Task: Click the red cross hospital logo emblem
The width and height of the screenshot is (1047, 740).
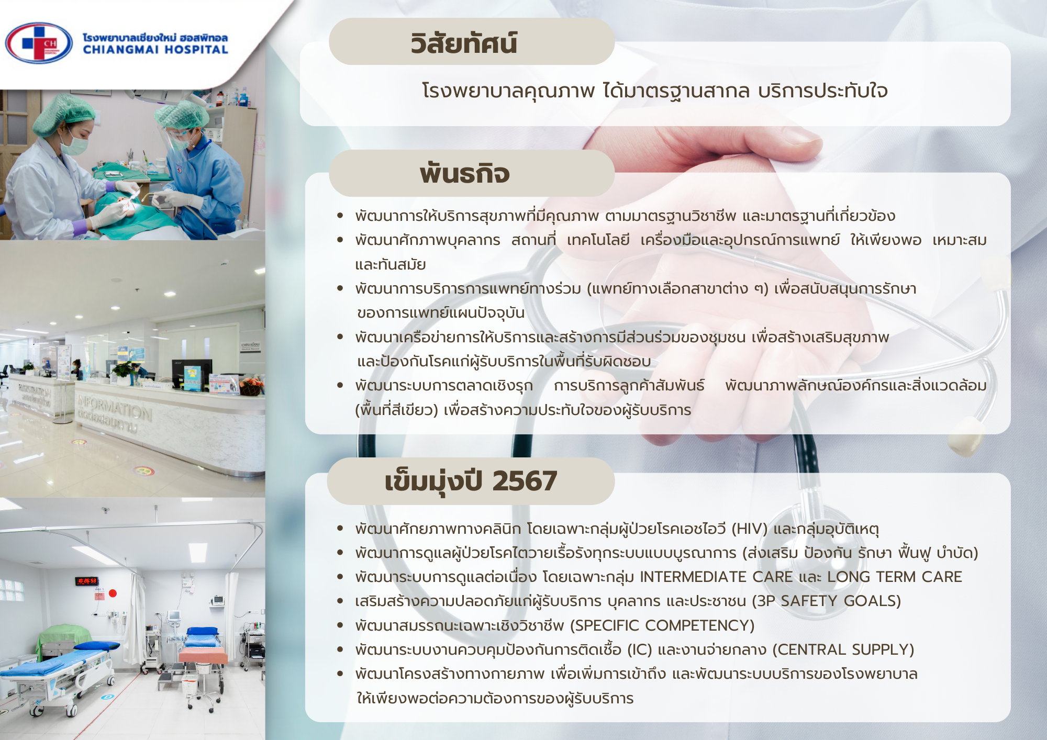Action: [39, 43]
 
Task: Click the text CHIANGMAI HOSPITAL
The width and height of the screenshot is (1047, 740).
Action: [155, 50]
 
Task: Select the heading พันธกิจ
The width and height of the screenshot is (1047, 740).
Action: [464, 174]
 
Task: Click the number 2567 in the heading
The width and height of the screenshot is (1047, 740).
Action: [525, 481]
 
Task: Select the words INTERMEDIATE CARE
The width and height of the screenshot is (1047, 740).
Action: [716, 577]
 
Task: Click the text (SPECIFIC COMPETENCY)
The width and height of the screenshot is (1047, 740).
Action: [662, 625]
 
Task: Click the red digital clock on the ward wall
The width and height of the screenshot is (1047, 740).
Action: [87, 581]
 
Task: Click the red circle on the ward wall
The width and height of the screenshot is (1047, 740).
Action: [113, 593]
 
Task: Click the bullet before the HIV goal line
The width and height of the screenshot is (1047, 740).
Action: [340, 529]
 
